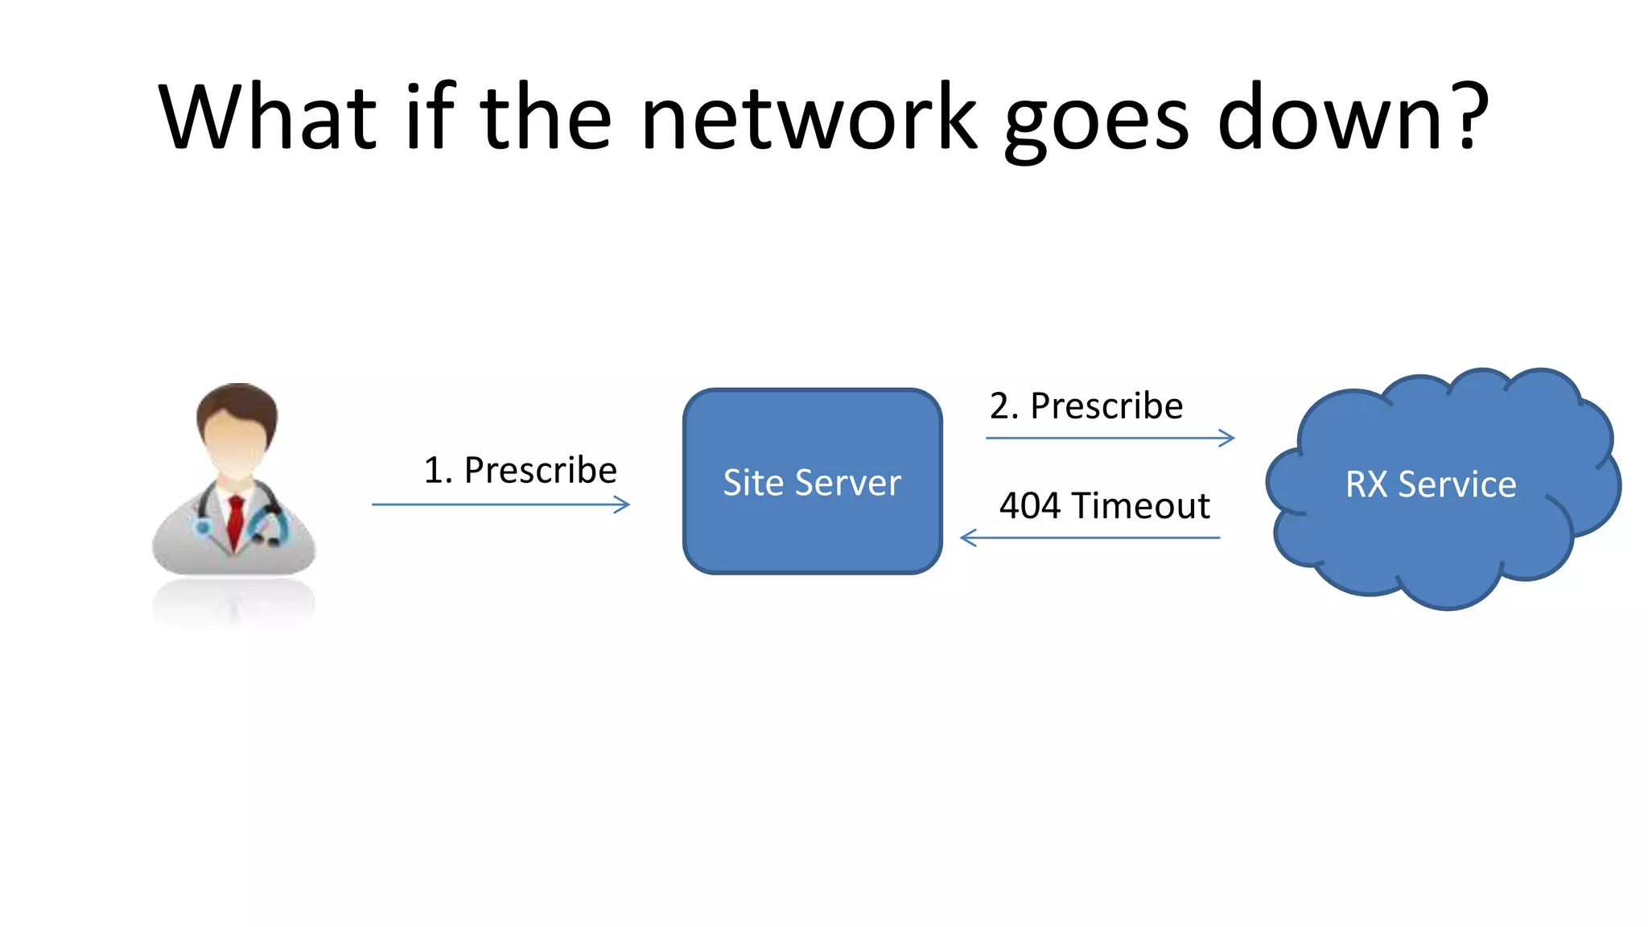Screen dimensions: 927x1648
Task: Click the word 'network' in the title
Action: pyautogui.click(x=809, y=118)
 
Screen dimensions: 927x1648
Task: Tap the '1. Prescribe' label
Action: pyautogui.click(x=520, y=470)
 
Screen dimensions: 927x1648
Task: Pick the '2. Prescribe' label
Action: pyautogui.click(x=1086, y=406)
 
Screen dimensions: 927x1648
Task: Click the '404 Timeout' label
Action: pyautogui.click(x=1104, y=506)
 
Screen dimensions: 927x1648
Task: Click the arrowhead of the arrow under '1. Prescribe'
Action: pyautogui.click(x=623, y=505)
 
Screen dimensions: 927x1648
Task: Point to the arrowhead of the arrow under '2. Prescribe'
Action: pyautogui.click(x=1227, y=438)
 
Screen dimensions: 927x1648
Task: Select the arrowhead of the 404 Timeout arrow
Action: pyautogui.click(x=968, y=538)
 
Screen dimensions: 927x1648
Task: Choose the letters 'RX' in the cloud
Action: pyautogui.click(x=1366, y=484)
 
